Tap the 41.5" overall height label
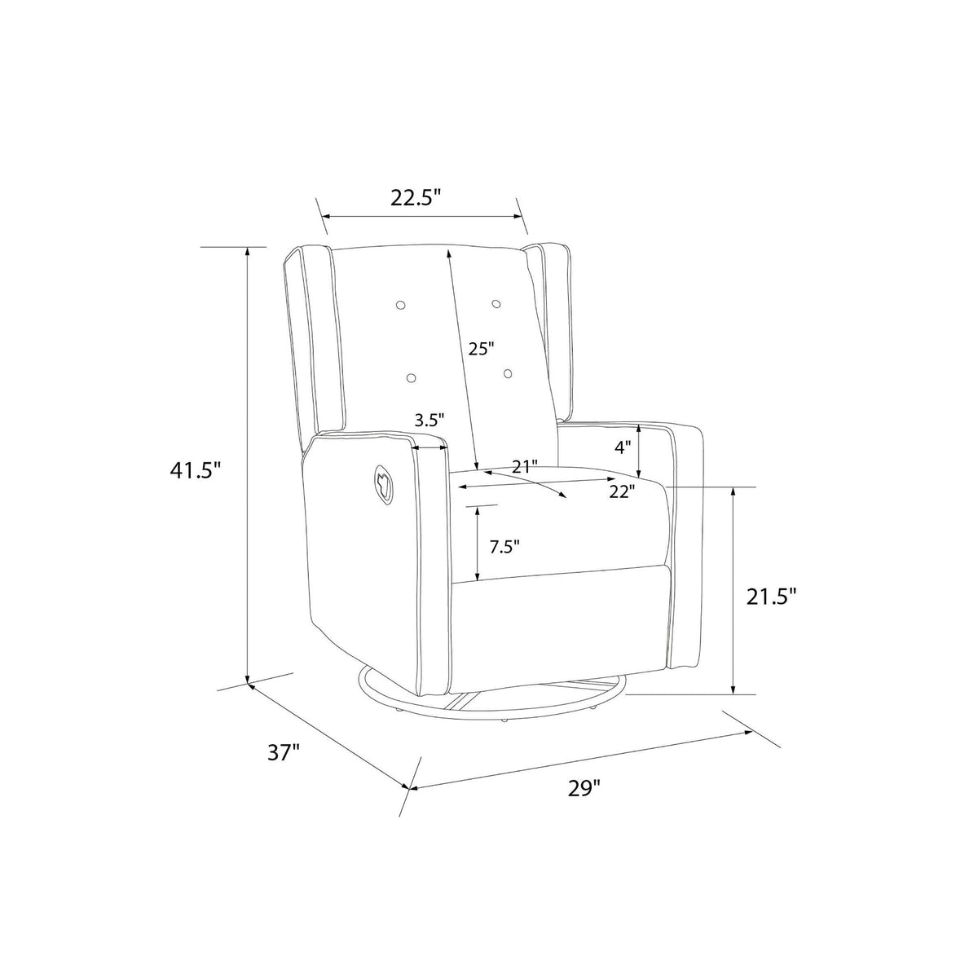click(196, 470)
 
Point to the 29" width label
click(584, 789)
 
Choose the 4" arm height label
click(623, 447)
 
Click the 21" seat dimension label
click(524, 466)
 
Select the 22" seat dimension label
click(622, 491)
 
